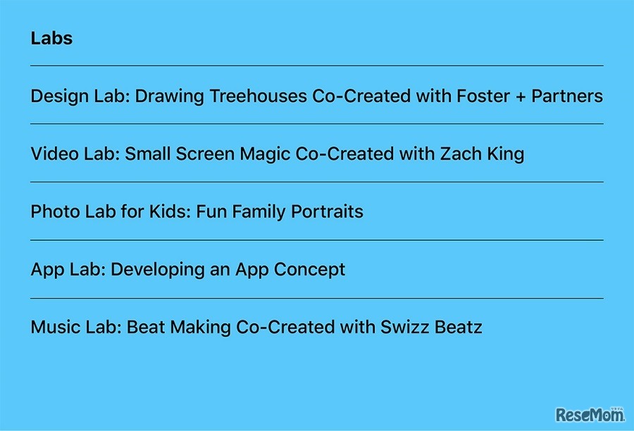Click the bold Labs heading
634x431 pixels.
[51, 39]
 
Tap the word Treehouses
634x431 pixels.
[259, 96]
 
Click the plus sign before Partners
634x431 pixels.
[521, 97]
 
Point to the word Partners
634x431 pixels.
[567, 96]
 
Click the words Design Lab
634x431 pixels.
[80, 97]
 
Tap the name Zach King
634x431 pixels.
[482, 154]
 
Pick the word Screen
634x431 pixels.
[205, 154]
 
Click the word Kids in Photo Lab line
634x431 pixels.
[169, 212]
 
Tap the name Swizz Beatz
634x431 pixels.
[431, 327]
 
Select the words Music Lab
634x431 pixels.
[76, 327]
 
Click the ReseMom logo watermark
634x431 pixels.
[590, 414]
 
